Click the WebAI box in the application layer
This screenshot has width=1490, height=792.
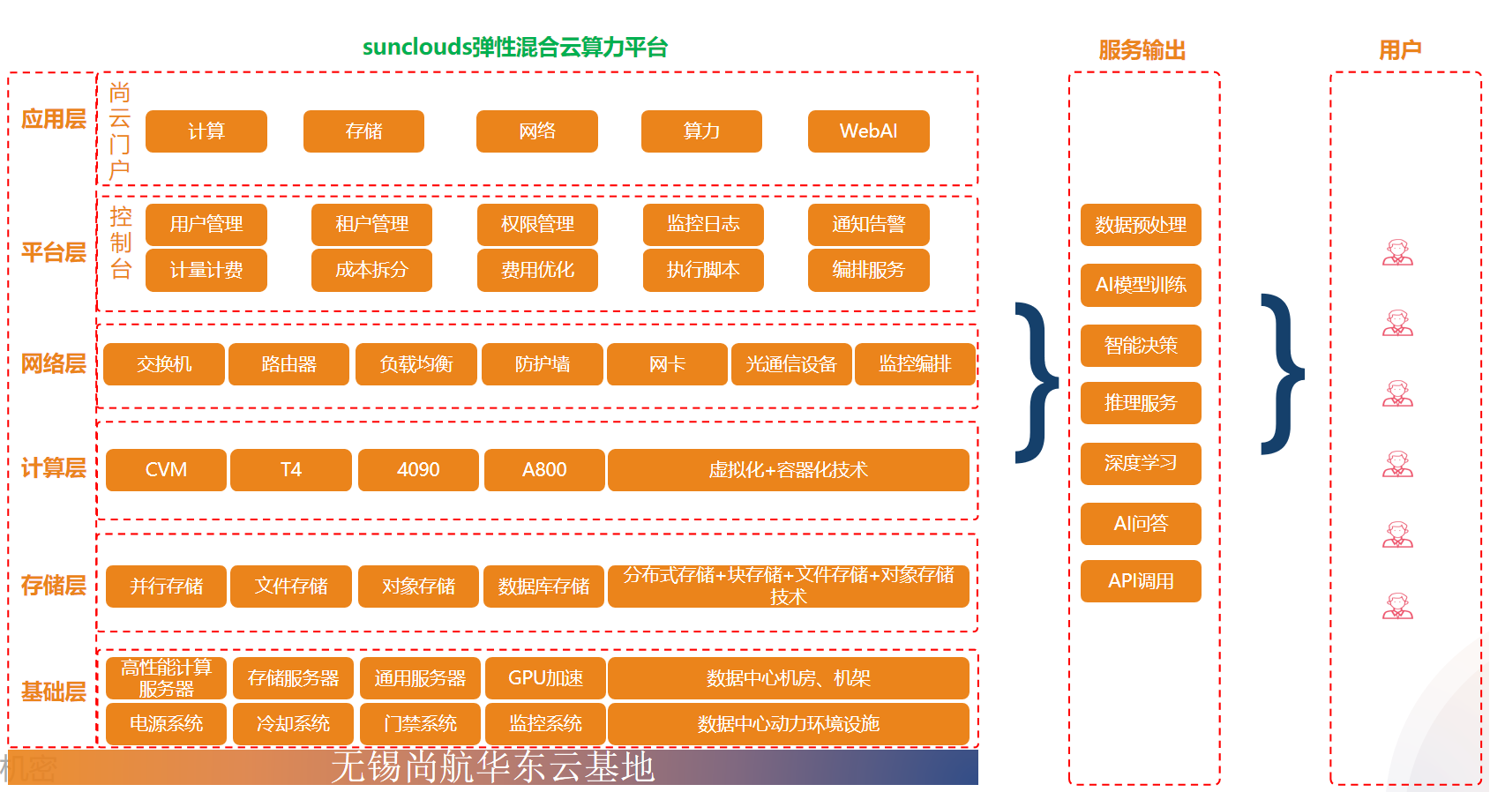[x=868, y=131]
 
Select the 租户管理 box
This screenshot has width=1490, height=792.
[x=371, y=224]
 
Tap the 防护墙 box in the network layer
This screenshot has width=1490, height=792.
[x=543, y=364]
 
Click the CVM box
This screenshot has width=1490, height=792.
[x=166, y=470]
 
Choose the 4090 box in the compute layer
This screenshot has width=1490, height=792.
[x=418, y=470]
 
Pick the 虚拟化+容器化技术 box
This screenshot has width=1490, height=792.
[x=788, y=470]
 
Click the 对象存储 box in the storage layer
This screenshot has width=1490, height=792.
[x=418, y=587]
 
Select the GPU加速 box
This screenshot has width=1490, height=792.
[x=545, y=678]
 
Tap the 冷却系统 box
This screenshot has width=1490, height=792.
[x=293, y=724]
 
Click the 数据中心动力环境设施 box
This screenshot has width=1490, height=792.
[x=788, y=724]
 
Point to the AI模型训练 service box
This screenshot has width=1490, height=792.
[x=1141, y=285]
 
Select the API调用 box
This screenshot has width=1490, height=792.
[x=1141, y=581]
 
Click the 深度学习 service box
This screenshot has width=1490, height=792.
[x=1141, y=463]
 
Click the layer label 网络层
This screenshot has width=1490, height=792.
[x=54, y=363]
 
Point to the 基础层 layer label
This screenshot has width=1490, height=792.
[x=54, y=691]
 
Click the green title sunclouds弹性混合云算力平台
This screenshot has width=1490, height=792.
[x=515, y=47]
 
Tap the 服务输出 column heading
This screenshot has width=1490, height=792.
[x=1142, y=50]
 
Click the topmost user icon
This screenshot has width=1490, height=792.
[x=1397, y=253]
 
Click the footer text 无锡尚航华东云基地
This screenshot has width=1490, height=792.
[x=492, y=766]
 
